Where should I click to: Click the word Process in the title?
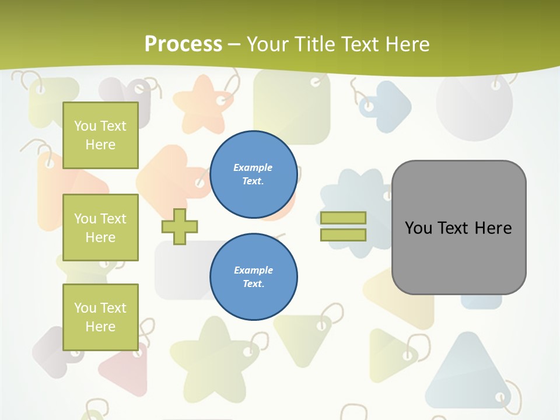point(183,44)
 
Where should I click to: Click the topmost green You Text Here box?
point(100,135)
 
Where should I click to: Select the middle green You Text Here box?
point(100,228)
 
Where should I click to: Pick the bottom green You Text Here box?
point(100,317)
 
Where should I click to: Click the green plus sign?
point(180,226)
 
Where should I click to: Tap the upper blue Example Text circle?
point(253,174)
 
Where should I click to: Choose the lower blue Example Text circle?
point(253,277)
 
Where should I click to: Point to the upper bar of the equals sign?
point(343,218)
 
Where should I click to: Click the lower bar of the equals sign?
point(343,235)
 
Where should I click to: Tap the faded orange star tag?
point(204,106)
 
